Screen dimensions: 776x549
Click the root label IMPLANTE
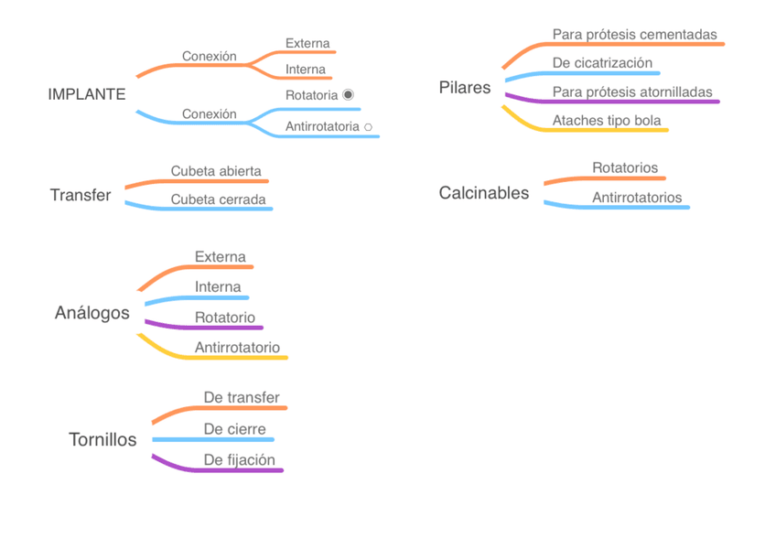click(x=87, y=94)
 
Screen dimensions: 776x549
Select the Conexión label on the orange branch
click(x=209, y=56)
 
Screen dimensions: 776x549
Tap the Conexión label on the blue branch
click(x=209, y=114)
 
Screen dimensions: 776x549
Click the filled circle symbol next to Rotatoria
click(x=348, y=94)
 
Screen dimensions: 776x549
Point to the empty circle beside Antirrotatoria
click(x=368, y=127)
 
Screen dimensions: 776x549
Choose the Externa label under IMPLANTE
click(x=307, y=43)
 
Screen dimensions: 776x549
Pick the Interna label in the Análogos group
click(x=217, y=287)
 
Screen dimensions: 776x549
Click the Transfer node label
click(x=81, y=195)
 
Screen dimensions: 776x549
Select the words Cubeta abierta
click(x=216, y=171)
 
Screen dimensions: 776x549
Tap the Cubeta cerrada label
click(x=218, y=199)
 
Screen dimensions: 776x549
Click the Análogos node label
click(x=92, y=313)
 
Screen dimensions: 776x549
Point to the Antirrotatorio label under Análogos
click(x=237, y=348)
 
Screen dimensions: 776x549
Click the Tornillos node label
click(x=102, y=439)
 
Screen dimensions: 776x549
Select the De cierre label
click(x=234, y=429)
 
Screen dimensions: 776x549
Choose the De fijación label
click(x=239, y=460)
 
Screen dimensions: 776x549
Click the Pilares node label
click(x=465, y=88)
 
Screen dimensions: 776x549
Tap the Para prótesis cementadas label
click(x=634, y=34)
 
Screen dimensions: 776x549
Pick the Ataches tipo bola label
click(x=606, y=120)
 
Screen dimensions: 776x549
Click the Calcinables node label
click(x=484, y=192)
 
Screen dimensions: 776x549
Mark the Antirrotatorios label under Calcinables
click(x=637, y=198)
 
